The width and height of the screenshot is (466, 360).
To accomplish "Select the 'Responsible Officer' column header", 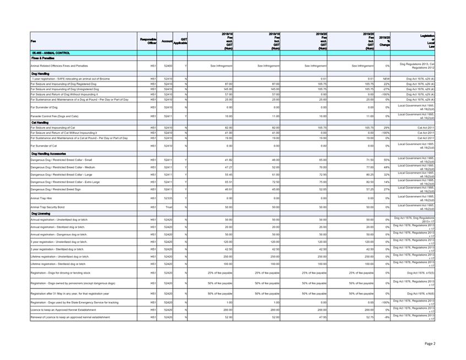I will [x=148, y=41].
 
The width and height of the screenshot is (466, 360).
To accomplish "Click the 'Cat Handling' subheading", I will [x=41, y=122].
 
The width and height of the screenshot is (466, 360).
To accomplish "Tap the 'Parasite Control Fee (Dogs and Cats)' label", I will [x=58, y=116].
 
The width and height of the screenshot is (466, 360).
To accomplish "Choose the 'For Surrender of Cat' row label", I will [x=49, y=146].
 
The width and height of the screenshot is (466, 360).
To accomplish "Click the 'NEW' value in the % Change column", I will [x=386, y=79].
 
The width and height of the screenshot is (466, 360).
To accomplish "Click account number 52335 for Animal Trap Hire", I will [x=168, y=198].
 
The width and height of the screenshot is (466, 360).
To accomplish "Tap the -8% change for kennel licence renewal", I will [x=387, y=317].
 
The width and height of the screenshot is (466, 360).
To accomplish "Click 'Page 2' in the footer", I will [x=430, y=343].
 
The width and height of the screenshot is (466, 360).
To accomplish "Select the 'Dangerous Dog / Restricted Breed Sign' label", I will [x=59, y=189].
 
